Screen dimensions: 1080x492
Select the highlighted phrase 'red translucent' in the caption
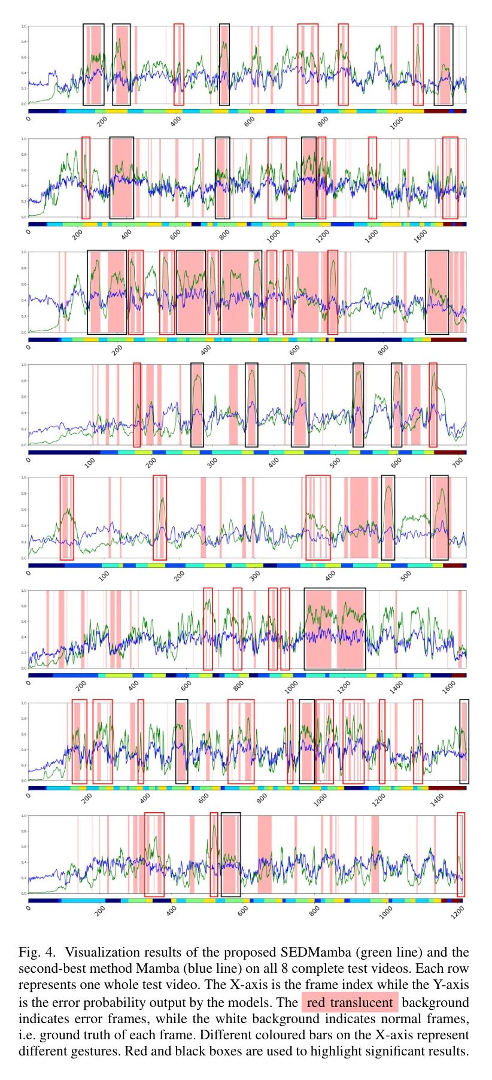pos(350,1002)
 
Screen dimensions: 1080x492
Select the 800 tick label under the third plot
pos(383,350)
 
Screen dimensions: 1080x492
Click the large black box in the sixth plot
pos(335,629)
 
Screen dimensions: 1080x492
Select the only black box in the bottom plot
pos(230,854)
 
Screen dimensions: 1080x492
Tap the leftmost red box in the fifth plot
pos(66,518)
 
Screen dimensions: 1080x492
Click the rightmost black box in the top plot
pos(443,65)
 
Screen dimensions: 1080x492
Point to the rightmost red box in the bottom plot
pos(460,854)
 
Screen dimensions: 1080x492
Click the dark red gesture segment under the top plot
pos(438,111)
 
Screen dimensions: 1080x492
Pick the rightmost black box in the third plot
pos(437,292)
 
